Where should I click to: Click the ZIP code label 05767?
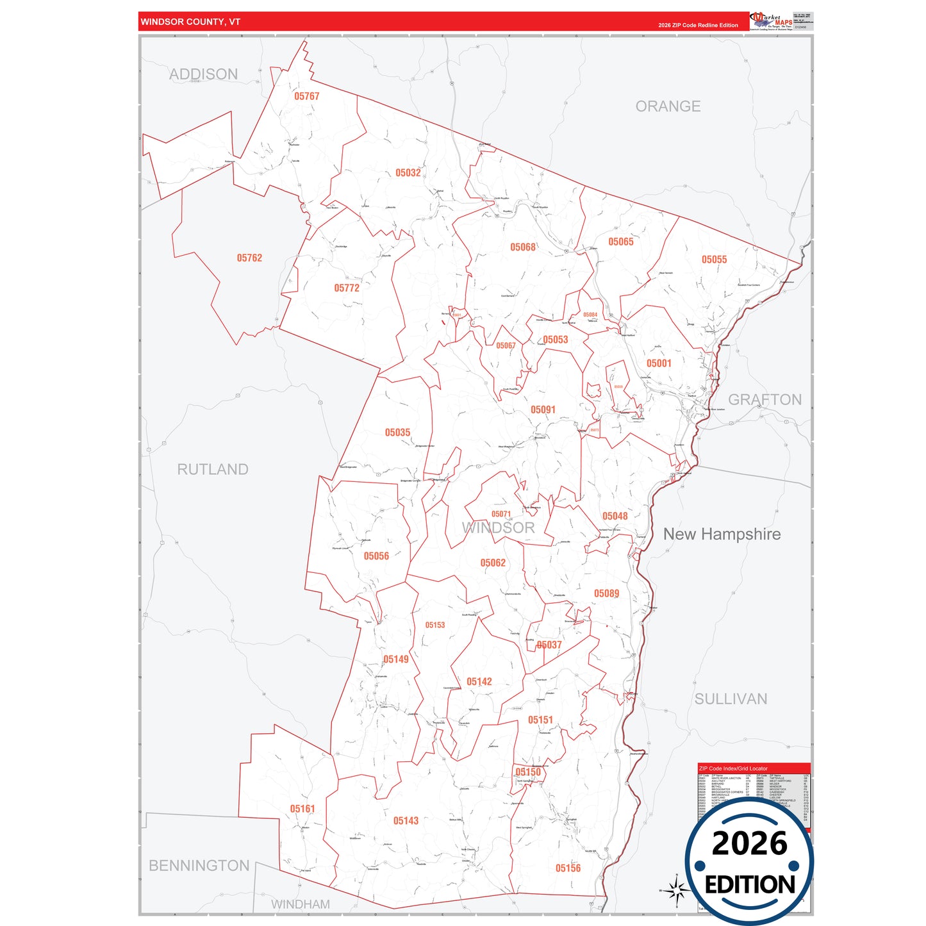coord(306,96)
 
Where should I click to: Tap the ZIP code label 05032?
coord(408,173)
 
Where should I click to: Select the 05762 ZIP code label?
coord(249,258)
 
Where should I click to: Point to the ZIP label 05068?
coord(522,247)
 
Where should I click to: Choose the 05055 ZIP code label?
coord(714,260)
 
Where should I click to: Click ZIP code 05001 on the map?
coord(659,363)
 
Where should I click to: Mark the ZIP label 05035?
coord(397,433)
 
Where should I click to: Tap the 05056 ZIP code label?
coord(376,556)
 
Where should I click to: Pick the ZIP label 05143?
coord(406,821)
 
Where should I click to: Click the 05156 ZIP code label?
coord(568,868)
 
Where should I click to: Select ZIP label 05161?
coord(302,809)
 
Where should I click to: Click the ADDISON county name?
coord(203,74)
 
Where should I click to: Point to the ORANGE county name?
coord(668,106)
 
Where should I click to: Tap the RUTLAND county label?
coord(213,470)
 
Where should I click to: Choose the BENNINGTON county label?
coord(199,866)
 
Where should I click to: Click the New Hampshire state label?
coord(722,534)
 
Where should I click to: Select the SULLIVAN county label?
coord(731,699)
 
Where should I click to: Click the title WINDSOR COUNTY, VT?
coord(190,22)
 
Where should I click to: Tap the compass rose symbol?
coord(676,890)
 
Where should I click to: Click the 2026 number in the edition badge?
coord(749,843)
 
